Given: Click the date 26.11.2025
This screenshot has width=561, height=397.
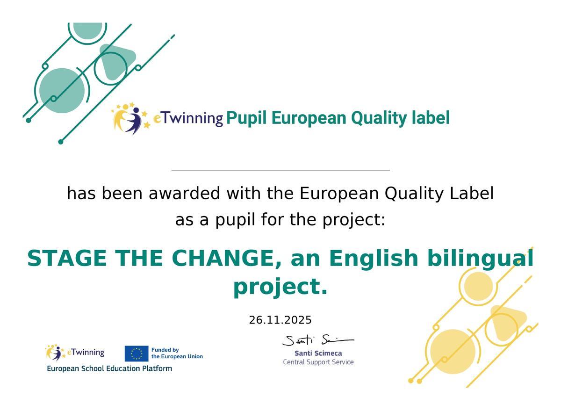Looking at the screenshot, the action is [280, 320].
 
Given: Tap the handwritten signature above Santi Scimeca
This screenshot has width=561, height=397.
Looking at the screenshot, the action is [318, 340].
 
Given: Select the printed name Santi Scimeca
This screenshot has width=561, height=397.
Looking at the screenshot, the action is [318, 353].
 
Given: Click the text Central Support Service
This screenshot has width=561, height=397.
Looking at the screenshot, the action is [318, 362].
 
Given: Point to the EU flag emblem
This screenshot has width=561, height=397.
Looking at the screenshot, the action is [137, 354].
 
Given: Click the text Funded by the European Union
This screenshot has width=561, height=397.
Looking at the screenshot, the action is [177, 353].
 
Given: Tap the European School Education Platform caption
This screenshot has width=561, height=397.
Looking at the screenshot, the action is [109, 368].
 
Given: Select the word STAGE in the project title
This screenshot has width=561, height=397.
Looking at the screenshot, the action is [66, 258].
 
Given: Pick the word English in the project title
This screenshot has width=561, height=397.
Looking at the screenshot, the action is [374, 258].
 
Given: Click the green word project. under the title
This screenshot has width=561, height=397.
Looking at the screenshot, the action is [280, 288].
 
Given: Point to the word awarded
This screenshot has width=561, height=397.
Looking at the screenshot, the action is [184, 194].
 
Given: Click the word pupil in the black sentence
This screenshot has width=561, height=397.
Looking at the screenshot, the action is [235, 220].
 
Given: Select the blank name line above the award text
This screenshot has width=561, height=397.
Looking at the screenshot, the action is [280, 170].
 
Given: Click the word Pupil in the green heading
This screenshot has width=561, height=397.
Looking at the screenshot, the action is [246, 118].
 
